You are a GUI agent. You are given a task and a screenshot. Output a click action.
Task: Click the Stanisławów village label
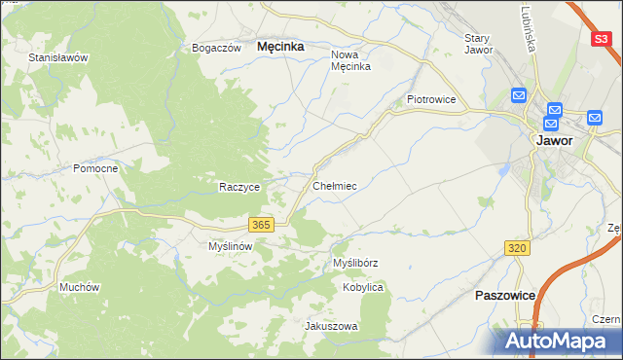tap(58, 57)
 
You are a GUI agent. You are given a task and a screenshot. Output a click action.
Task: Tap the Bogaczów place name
tap(216, 48)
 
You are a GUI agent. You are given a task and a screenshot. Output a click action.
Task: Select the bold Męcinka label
tap(280, 46)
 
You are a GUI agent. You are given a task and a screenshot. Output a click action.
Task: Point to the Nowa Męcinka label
tap(351, 60)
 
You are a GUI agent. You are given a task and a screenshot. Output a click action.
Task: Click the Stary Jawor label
tap(479, 44)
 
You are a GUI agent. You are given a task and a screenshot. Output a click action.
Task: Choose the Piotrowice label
tap(432, 99)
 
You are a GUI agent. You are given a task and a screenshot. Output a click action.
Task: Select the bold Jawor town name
tap(554, 140)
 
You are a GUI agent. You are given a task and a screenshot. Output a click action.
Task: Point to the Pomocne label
tap(95, 168)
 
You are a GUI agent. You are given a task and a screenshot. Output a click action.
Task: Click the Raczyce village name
tap(239, 187)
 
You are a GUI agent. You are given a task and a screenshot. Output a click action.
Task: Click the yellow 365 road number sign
tap(260, 225)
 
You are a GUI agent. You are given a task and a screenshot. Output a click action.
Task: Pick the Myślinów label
tap(231, 246)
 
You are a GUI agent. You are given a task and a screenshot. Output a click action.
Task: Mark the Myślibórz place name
tap(355, 263)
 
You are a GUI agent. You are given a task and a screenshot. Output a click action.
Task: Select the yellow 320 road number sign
tap(518, 249)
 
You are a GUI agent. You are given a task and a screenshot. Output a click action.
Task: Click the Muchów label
tap(80, 287)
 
